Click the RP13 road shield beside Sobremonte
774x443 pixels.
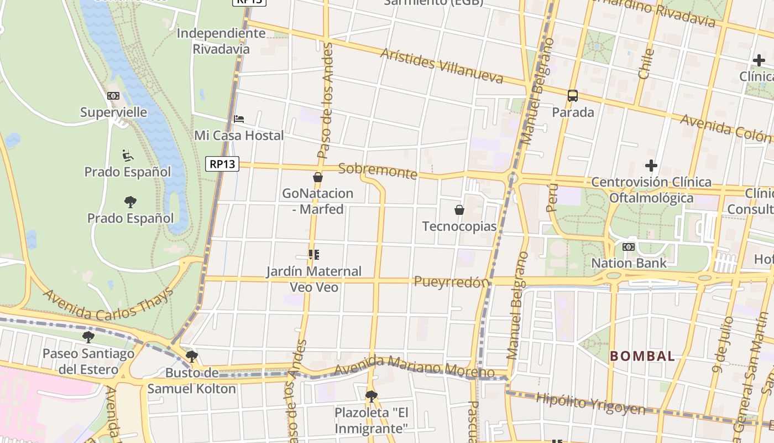coord(222,164)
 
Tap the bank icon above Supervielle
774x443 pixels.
coord(113,96)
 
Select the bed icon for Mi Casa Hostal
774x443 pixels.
coord(239,119)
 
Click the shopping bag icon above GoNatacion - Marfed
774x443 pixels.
coord(318,177)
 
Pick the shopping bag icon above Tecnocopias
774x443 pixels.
coord(459,210)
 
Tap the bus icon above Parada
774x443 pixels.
coord(573,96)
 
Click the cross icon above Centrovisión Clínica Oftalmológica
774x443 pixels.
coord(651,165)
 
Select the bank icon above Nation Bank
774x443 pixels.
coord(629,247)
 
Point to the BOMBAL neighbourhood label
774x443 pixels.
coord(642,356)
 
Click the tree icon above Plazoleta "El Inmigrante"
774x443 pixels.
coord(371,396)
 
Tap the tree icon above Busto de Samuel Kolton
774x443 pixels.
coord(191,356)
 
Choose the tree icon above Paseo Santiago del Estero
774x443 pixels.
coord(88,337)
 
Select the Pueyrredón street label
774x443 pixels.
coord(452,282)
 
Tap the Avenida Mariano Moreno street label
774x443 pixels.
coord(414,367)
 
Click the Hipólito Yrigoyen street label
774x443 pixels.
coord(590,404)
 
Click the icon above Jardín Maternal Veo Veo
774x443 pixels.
coord(313,255)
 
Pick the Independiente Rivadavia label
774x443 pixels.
coord(221,41)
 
